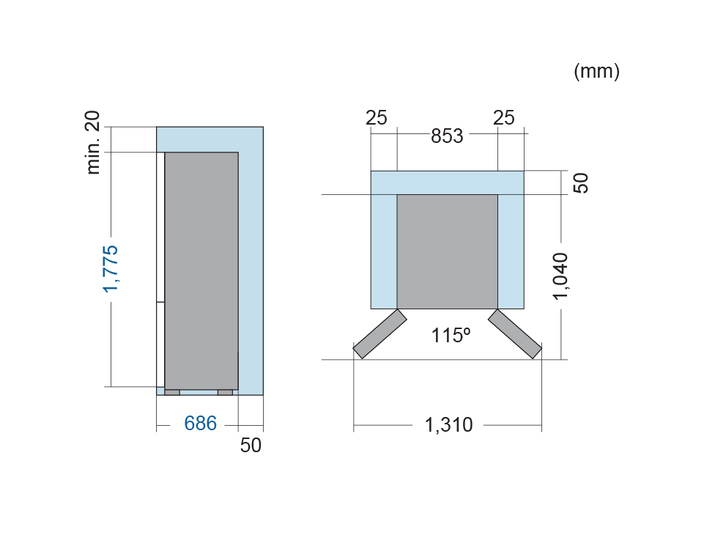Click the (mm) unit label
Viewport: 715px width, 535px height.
pyautogui.click(x=596, y=72)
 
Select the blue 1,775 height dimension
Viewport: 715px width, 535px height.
pyautogui.click(x=111, y=269)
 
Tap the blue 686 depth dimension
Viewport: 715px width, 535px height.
pyautogui.click(x=200, y=424)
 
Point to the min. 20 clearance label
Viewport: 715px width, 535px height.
pyautogui.click(x=92, y=142)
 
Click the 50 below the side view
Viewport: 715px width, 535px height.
pyautogui.click(x=251, y=445)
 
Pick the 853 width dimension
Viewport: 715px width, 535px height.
pyautogui.click(x=447, y=136)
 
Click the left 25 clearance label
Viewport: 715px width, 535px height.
pyautogui.click(x=377, y=118)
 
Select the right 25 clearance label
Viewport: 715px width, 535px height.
pyautogui.click(x=504, y=118)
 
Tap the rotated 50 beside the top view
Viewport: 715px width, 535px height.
pyautogui.click(x=580, y=183)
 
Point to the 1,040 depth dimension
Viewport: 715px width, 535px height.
pyautogui.click(x=560, y=276)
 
